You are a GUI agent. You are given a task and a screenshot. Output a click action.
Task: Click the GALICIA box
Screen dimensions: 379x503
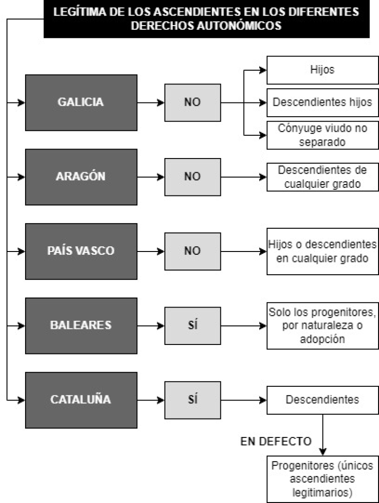pyautogui.click(x=81, y=102)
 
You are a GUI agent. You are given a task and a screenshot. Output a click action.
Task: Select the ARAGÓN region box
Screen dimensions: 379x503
pyautogui.click(x=81, y=177)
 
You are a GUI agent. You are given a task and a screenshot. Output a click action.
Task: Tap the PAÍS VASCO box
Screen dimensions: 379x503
pyautogui.click(x=81, y=251)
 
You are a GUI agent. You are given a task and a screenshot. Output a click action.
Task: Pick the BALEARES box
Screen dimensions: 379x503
pyautogui.click(x=81, y=326)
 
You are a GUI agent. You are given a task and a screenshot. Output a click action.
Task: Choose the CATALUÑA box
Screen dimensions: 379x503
pyautogui.click(x=81, y=401)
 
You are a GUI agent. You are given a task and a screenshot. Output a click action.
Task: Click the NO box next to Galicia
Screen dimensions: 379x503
pyautogui.click(x=192, y=102)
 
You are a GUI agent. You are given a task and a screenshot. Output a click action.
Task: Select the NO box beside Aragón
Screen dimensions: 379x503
pyautogui.click(x=192, y=177)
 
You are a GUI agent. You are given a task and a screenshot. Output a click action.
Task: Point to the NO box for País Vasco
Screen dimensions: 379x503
pyautogui.click(x=192, y=251)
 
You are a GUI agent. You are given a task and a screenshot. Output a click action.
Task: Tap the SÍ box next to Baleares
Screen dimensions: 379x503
pyautogui.click(x=192, y=326)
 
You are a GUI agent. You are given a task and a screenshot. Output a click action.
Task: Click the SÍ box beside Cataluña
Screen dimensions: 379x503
pyautogui.click(x=192, y=401)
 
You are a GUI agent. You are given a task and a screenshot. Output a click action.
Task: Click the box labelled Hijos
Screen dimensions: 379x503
pyautogui.click(x=323, y=70)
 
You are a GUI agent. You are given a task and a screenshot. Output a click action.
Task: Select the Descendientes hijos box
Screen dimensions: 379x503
pyautogui.click(x=323, y=102)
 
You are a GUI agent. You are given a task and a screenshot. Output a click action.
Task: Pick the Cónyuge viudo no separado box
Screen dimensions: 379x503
pyautogui.click(x=323, y=135)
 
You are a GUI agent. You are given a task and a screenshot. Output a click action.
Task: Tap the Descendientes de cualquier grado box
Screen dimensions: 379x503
pyautogui.click(x=323, y=177)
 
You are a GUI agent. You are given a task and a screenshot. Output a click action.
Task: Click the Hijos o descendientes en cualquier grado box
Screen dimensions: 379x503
pyautogui.click(x=323, y=251)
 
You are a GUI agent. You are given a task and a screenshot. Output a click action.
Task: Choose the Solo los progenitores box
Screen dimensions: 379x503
pyautogui.click(x=323, y=326)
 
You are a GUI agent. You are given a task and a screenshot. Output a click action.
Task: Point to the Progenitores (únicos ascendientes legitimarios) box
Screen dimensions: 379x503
pyautogui.click(x=323, y=479)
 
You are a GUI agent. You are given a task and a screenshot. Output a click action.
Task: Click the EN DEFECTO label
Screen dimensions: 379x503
pyautogui.click(x=276, y=441)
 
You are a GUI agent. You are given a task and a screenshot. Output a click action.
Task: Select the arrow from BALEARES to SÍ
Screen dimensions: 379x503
pyautogui.click(x=151, y=326)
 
